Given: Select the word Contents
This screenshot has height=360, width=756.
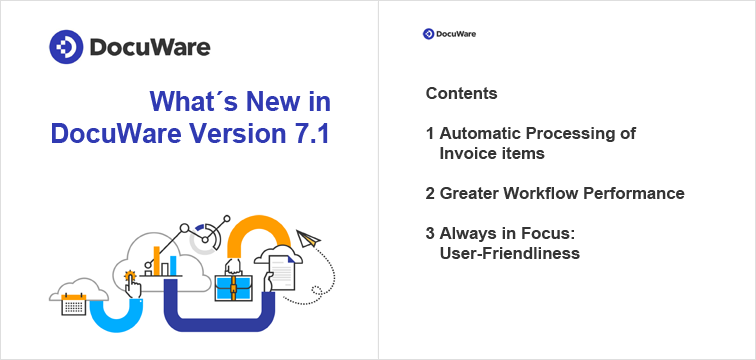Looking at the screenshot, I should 461,94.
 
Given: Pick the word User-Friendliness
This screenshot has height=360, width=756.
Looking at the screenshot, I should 510,253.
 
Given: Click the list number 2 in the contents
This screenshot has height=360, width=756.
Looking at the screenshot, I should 430,193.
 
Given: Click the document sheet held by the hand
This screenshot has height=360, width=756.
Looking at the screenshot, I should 284,272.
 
